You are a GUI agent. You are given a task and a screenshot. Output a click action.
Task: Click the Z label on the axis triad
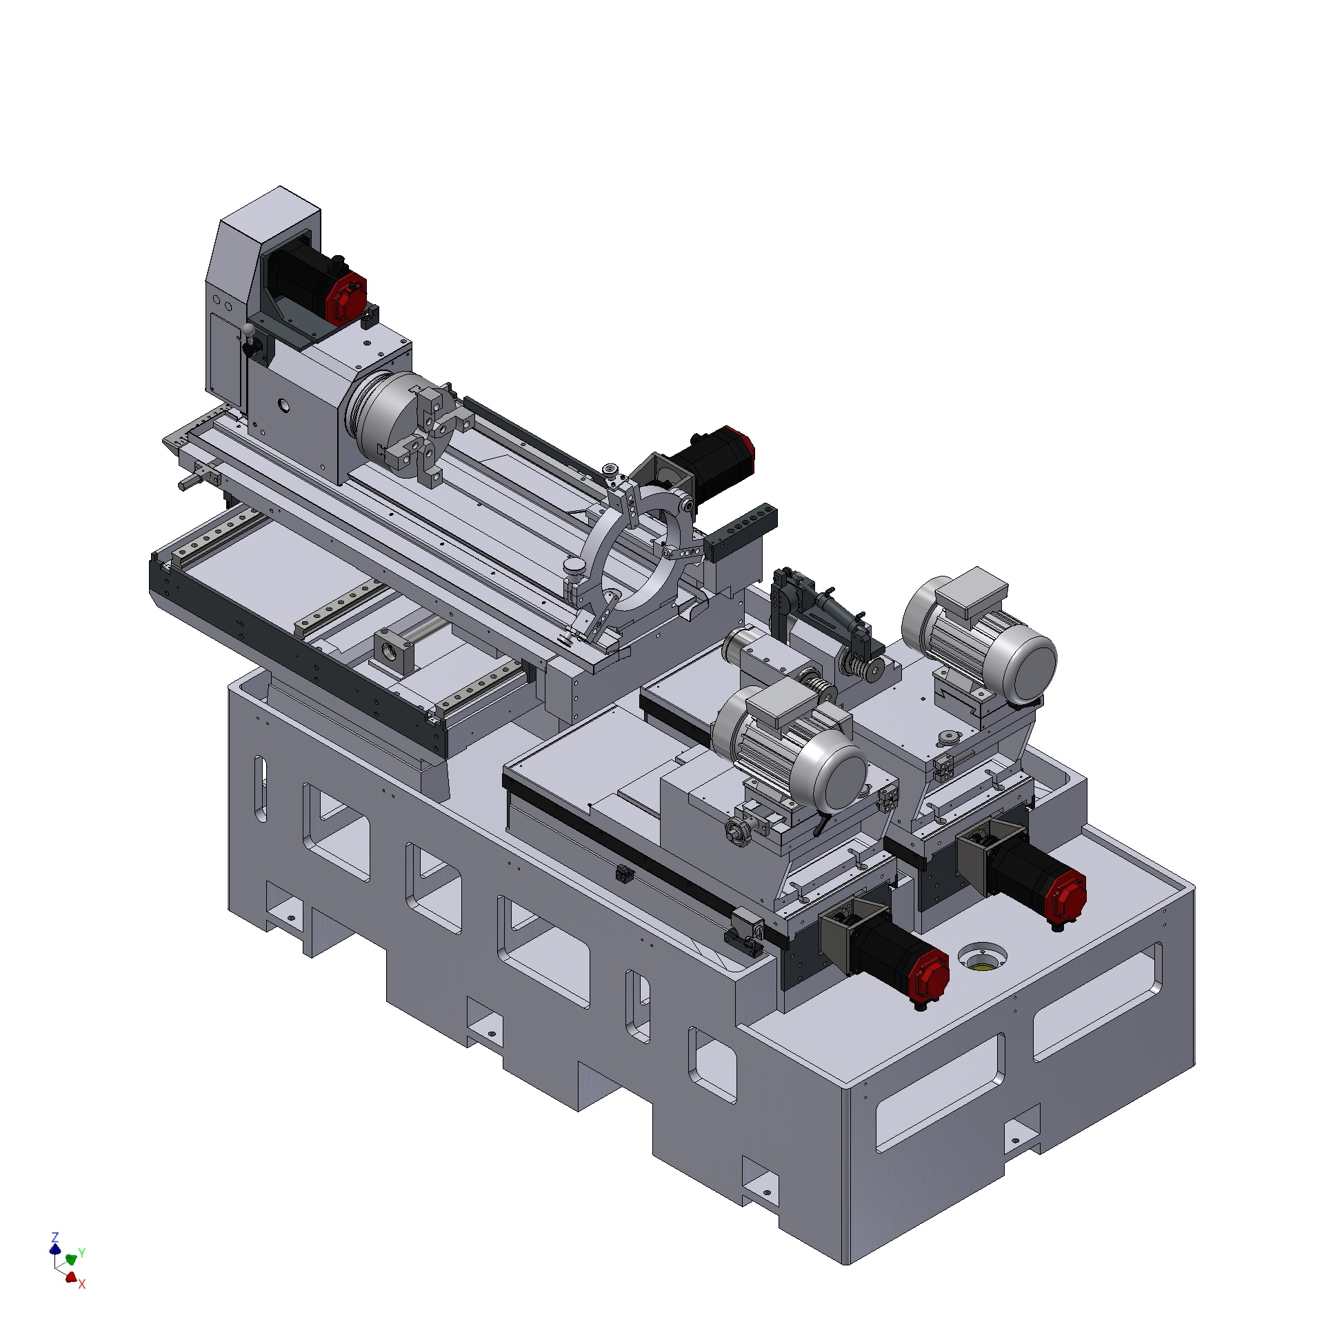coord(56,1236)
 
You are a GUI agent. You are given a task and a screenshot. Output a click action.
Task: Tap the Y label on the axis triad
coord(81,1252)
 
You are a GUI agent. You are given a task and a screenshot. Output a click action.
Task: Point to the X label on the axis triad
coord(81,1284)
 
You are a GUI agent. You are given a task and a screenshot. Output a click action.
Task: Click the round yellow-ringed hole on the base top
coord(982,959)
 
